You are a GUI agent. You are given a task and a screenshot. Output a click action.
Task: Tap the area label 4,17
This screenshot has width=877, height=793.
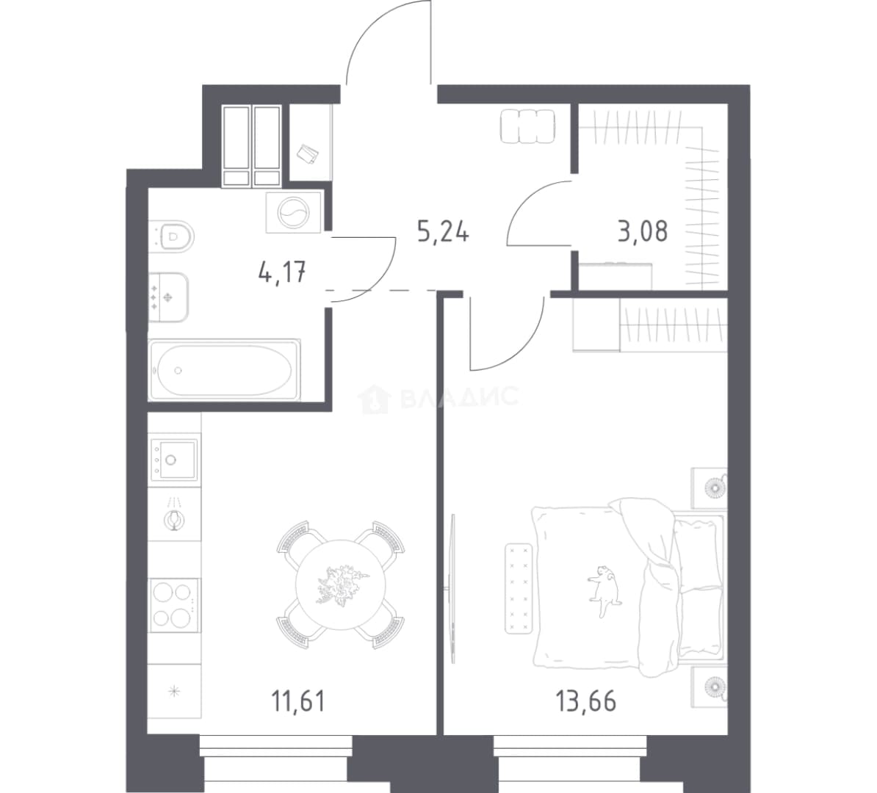(282, 273)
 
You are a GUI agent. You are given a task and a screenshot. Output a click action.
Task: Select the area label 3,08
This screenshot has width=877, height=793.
(643, 231)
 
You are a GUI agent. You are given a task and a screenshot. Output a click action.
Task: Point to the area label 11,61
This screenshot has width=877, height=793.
(298, 700)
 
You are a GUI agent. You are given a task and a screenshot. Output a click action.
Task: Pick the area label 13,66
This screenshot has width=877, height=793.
(585, 700)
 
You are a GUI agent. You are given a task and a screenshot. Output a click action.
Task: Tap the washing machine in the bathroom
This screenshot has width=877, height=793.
(294, 212)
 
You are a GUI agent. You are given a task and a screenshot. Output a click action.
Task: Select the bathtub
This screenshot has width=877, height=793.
(224, 369)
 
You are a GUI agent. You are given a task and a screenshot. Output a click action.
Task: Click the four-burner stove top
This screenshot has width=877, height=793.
(174, 604)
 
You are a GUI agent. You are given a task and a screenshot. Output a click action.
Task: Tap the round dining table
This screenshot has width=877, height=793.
(341, 585)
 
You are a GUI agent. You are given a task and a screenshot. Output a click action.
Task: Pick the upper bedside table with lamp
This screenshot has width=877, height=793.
(710, 488)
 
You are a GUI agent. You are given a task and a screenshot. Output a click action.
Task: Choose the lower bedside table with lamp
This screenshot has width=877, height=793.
(710, 687)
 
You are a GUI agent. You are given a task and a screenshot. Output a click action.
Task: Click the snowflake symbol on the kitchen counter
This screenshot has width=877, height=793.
(175, 692)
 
